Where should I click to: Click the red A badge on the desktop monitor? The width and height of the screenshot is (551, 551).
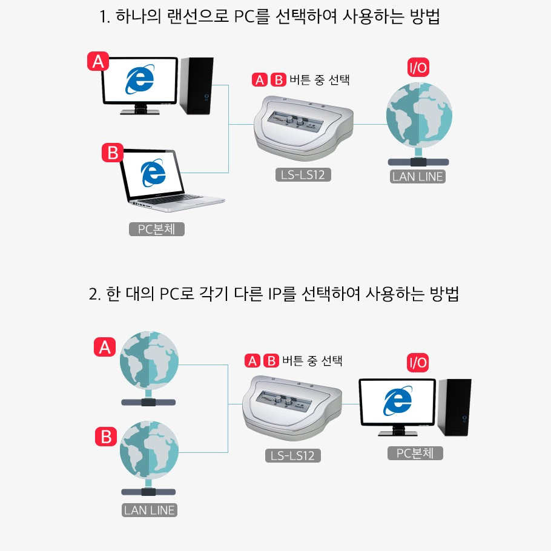coord(98,62)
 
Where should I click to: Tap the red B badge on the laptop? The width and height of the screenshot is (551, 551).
coord(113,153)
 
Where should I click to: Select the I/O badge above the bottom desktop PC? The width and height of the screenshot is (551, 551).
coord(418,363)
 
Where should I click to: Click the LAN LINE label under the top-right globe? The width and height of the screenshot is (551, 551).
coord(418,177)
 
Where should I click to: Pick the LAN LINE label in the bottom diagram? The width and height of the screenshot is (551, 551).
coord(149,510)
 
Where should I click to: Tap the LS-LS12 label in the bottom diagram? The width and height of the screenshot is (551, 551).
coord(292,455)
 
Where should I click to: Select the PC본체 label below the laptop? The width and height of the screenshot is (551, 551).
coord(156,229)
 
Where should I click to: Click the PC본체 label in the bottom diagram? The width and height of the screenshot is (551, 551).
coord(415,453)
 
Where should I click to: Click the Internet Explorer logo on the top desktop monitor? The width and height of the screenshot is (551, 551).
coord(139,80)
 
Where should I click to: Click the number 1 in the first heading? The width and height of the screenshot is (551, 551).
coord(103,17)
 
